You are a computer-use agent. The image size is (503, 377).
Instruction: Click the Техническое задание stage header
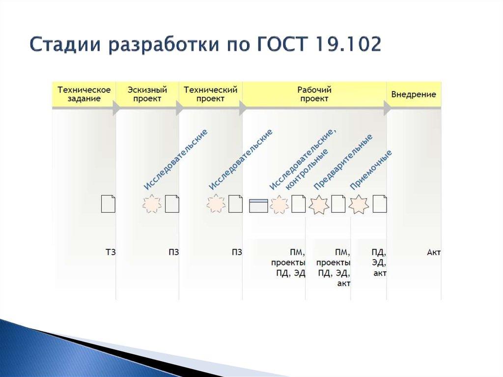84,94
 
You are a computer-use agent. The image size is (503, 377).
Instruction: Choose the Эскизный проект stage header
147,94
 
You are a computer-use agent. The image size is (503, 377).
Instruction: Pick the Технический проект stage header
210,94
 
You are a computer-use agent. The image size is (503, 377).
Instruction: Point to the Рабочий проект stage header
314,94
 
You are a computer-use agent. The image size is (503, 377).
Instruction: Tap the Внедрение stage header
413,94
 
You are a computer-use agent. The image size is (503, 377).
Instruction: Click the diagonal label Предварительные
342,162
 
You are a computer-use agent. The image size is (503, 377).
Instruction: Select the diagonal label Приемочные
371,170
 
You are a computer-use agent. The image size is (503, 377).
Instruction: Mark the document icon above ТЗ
108,203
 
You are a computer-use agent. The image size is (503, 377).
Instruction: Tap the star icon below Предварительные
319,204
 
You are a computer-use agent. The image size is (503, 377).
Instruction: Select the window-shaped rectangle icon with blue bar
259,204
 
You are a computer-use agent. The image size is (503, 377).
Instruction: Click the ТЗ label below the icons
111,253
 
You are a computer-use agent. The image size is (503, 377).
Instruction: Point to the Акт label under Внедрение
434,253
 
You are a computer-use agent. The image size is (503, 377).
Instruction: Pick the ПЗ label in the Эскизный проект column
173,253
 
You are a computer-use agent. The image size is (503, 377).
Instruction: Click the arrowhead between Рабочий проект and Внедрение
388,109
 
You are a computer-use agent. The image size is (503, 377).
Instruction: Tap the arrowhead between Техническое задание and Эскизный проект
116,109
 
